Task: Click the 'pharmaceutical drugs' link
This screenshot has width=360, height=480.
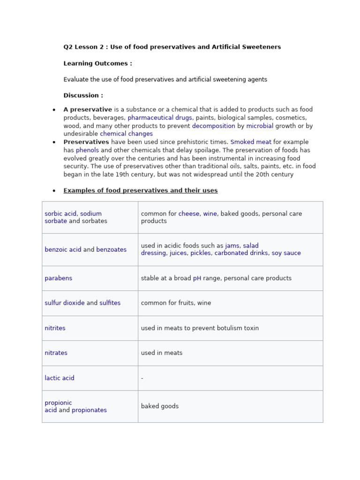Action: pos(159,118)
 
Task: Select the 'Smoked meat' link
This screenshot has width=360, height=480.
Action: pos(251,142)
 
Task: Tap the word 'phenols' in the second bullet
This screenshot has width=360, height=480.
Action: pos(87,150)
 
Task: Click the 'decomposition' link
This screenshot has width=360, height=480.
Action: pos(213,126)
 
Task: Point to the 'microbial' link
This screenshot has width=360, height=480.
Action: pos(260,126)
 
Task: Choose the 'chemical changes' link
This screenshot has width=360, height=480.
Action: pos(126,134)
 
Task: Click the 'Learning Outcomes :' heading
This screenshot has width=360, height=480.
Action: pos(97,64)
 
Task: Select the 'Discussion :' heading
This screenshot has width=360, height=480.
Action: pos(83,96)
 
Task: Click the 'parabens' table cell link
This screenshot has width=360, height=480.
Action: pos(59,278)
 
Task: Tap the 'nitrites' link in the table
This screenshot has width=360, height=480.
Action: pos(55,328)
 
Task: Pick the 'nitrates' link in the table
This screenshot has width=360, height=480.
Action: pos(56,353)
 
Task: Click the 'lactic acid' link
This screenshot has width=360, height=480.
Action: pos(60,378)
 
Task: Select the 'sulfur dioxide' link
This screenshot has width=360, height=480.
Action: pos(65,303)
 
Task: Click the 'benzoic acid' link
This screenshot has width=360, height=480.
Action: pos(63,250)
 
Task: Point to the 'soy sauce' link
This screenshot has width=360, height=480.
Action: pos(286,253)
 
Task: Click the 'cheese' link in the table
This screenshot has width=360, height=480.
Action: pos(189,214)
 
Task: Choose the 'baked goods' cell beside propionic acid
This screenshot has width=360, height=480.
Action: pos(160,406)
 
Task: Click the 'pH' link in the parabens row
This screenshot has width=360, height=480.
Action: pos(197,278)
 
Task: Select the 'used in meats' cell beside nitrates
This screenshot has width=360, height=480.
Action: pos(162,353)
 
